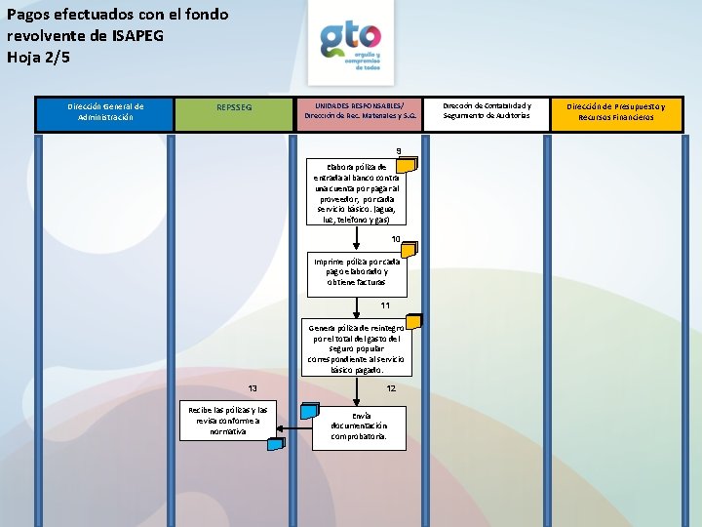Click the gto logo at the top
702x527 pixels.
click(351, 46)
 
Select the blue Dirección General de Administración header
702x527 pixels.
click(105, 112)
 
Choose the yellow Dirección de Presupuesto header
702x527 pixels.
click(616, 112)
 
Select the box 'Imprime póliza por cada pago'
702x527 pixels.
click(356, 271)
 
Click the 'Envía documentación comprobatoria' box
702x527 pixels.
click(351, 426)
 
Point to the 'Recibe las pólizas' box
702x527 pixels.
click(228, 421)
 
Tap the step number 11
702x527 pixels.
click(386, 305)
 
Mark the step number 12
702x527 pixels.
click(391, 388)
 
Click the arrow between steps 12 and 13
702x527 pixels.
click(294, 426)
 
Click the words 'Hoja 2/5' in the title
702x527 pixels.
click(39, 57)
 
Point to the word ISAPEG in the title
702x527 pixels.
click(136, 35)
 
